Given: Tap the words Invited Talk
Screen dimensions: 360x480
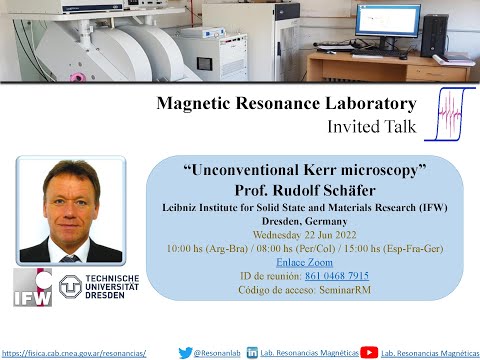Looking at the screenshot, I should click(x=370, y=127).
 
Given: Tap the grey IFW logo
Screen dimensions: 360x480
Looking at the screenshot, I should click(x=32, y=287).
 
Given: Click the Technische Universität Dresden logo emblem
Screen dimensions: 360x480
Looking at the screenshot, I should click(x=73, y=287).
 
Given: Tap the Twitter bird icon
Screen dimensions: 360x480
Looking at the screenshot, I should click(x=184, y=352).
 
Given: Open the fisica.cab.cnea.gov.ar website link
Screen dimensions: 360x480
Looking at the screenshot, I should click(x=74, y=353).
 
